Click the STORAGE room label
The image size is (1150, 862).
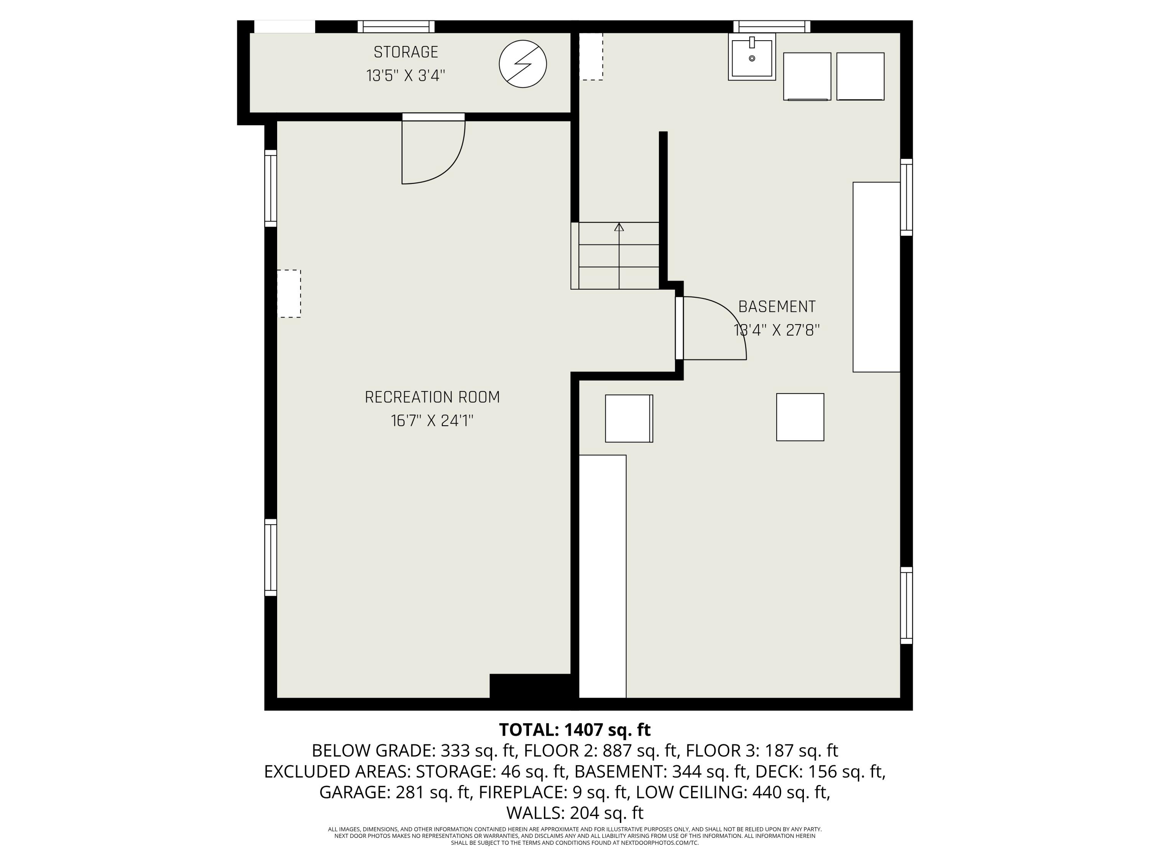(x=406, y=52)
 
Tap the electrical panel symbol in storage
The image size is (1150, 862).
(x=522, y=64)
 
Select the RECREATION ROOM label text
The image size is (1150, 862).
(x=432, y=397)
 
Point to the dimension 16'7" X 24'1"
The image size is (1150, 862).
(x=432, y=420)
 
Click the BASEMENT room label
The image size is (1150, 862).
(x=777, y=306)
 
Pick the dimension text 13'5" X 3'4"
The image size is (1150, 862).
(x=406, y=76)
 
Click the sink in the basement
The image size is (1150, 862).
(x=752, y=57)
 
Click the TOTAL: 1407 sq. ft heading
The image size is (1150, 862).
(x=575, y=729)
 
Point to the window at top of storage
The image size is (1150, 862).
(x=396, y=26)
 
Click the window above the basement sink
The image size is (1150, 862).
(x=772, y=26)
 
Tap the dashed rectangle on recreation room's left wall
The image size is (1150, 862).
(x=289, y=293)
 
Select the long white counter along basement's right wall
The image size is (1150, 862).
(x=877, y=277)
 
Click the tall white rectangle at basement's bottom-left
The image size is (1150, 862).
(x=603, y=576)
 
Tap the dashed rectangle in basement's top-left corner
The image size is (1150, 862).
(x=591, y=56)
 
